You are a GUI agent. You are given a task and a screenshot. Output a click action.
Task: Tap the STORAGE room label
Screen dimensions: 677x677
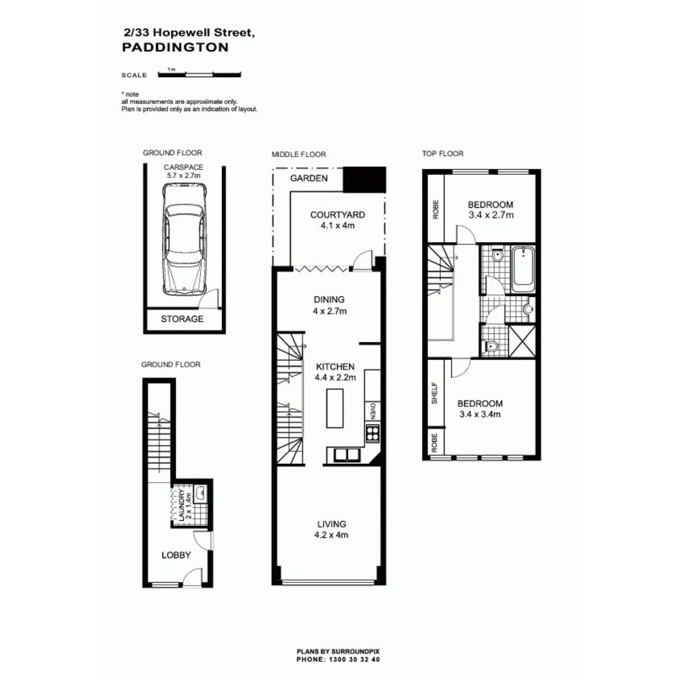[182, 318]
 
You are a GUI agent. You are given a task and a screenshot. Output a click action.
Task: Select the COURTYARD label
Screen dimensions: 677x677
[337, 215]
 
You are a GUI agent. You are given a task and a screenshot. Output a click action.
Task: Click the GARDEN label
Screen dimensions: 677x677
[308, 178]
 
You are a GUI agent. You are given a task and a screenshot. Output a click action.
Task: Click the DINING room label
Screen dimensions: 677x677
[328, 300]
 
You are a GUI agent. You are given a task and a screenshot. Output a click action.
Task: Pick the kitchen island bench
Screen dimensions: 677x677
[335, 407]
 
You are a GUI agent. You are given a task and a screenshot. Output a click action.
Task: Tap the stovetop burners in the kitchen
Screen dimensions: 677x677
[372, 432]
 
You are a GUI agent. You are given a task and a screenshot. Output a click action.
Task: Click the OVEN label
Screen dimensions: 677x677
[372, 412]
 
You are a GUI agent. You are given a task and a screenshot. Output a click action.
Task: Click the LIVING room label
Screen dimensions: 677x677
[332, 523]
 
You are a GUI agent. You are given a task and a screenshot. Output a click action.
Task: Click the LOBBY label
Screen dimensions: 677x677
[176, 555]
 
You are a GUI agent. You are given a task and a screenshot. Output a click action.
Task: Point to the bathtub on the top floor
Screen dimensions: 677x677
[522, 270]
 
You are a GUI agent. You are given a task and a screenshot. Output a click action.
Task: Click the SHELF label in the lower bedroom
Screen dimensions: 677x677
[434, 393]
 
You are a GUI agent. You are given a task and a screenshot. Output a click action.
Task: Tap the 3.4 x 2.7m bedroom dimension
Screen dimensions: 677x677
[491, 216]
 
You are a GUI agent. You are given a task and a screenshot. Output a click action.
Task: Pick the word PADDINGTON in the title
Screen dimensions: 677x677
[175, 47]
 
